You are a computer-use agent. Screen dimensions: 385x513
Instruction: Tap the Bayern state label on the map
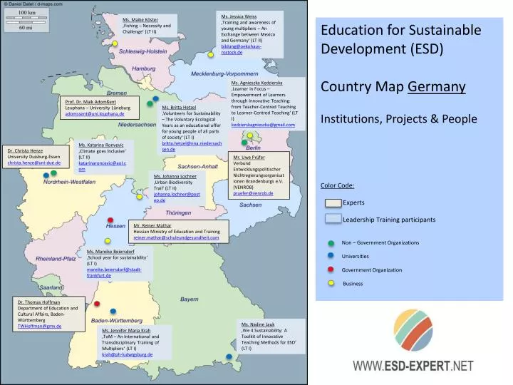pos(189,299)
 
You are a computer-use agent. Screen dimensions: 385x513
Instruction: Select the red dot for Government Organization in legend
pos(331,269)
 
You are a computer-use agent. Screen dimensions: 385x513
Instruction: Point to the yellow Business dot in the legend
pos(331,283)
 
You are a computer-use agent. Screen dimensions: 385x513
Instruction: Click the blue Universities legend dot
pos(331,256)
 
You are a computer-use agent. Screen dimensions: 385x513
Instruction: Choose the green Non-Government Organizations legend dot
pos(331,242)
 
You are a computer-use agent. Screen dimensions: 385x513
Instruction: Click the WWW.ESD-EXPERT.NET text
pos(413,366)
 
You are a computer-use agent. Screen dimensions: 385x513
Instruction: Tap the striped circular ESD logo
pos(414,329)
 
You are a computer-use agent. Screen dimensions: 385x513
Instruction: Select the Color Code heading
pos(338,186)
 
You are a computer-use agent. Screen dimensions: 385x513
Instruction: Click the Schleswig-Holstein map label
pos(142,52)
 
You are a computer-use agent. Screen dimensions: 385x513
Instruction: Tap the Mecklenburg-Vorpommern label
pos(224,74)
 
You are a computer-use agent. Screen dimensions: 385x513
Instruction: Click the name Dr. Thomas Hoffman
pos(39,302)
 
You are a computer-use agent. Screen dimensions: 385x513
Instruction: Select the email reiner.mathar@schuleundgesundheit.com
pos(180,237)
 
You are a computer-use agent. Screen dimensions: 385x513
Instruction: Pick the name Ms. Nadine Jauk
pos(259,324)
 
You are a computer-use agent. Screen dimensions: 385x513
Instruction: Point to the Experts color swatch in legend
pos(333,203)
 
